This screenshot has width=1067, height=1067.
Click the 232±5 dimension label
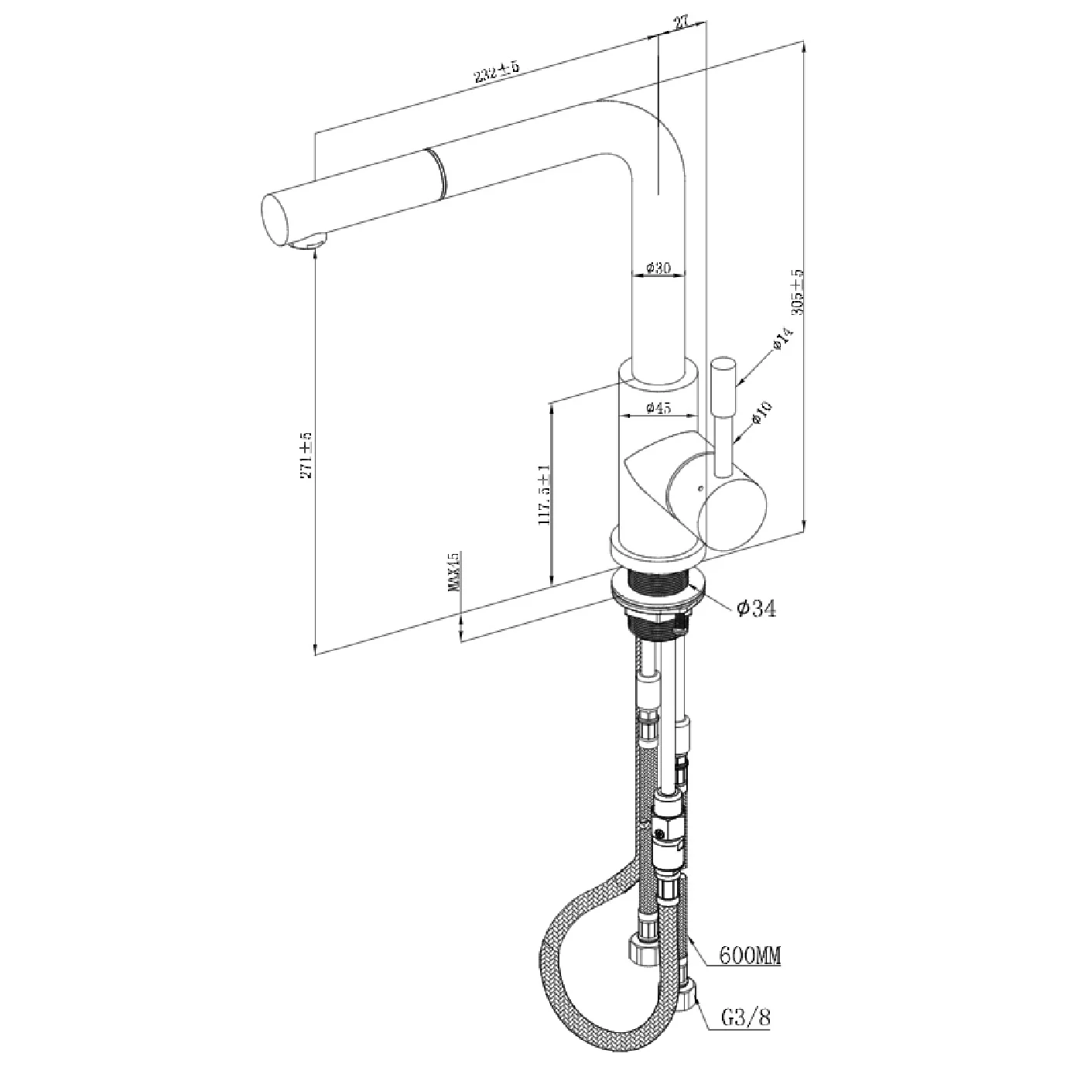496,74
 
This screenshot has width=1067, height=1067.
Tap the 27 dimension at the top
681,23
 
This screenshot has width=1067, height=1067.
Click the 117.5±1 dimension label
542,496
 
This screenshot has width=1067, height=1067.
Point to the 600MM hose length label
749,957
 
